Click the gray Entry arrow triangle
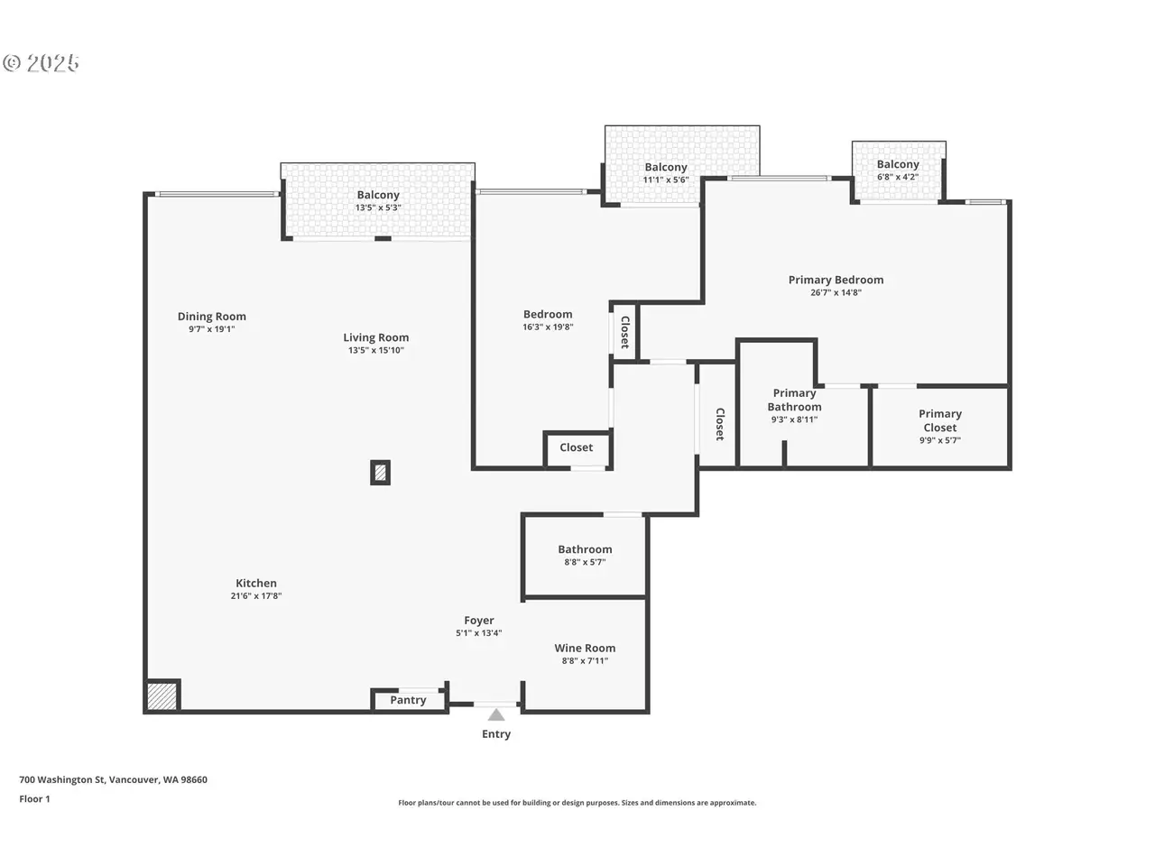495,714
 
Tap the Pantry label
408,700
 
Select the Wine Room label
585,648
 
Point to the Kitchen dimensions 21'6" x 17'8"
255,595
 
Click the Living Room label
375,337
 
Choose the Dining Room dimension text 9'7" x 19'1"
211,329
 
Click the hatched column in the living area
380,473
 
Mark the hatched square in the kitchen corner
162,696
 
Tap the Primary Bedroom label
836,280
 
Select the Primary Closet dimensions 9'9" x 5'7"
939,440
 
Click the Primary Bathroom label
794,400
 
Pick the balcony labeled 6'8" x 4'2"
898,170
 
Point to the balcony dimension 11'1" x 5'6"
666,180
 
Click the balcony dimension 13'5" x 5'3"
378,207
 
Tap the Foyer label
479,621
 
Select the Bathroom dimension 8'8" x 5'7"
585,562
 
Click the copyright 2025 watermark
41,63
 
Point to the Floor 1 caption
34,798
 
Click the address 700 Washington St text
62,779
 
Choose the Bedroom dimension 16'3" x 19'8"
548,327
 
